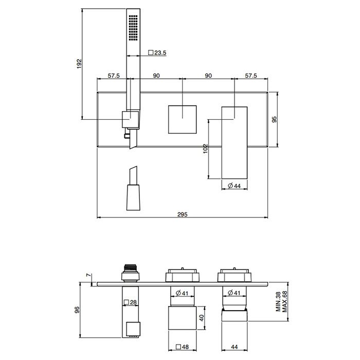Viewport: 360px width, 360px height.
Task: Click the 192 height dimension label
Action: [x=79, y=64]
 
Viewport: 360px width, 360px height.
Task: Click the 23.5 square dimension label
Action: [x=157, y=53]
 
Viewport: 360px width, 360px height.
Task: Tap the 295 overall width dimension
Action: [x=183, y=214]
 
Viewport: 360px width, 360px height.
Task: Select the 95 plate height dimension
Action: [x=274, y=119]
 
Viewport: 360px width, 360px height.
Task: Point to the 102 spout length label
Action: [x=206, y=149]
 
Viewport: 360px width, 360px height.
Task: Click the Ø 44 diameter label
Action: [x=234, y=186]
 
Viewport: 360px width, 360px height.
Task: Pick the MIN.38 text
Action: [x=279, y=301]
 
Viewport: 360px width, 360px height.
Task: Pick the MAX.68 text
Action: [x=285, y=301]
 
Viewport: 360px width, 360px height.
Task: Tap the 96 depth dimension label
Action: [x=77, y=310]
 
